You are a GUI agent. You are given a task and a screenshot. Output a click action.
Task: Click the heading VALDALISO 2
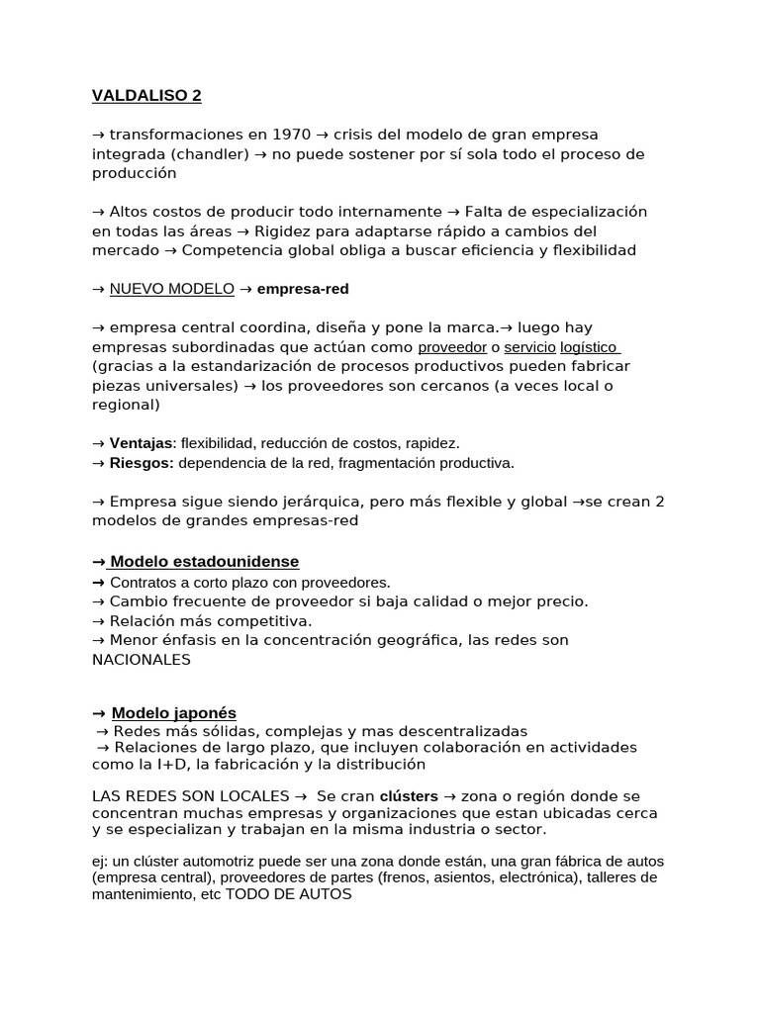point(146,96)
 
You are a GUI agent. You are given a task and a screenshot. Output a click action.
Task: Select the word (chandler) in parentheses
point(211,154)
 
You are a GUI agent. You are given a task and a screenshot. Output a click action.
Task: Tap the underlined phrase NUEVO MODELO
point(172,289)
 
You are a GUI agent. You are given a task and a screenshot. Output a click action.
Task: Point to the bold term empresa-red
point(303,289)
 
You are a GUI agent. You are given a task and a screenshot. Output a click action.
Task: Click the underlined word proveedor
point(452,347)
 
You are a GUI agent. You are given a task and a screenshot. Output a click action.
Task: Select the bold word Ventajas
point(142,443)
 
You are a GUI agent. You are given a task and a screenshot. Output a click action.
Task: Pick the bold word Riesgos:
point(142,462)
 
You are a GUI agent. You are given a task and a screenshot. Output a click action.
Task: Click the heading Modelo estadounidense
point(204,562)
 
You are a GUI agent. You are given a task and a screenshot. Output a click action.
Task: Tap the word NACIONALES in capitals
point(142,660)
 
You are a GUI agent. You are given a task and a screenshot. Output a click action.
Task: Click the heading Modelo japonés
point(173,713)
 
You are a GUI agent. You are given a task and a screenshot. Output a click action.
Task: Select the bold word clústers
point(409,795)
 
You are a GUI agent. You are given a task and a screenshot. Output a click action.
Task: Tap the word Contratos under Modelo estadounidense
point(143,582)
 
